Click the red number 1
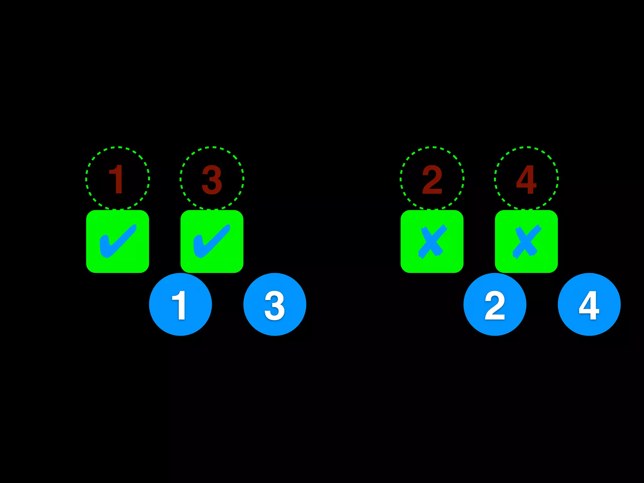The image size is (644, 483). point(117,179)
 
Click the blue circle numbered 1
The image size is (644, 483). point(180,304)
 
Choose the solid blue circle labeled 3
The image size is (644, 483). point(275,304)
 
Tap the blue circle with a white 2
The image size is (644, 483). point(495,304)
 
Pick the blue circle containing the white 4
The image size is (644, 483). point(589,304)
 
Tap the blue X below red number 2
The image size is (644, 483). point(432,241)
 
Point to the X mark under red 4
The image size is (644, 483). point(526,241)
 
